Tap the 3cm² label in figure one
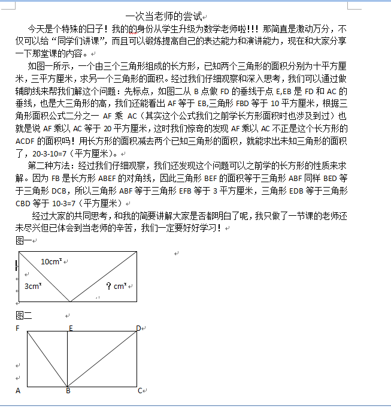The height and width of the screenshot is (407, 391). coord(32,286)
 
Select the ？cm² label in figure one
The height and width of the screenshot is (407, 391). coord(115,286)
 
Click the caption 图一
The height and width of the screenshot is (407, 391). coord(23,240)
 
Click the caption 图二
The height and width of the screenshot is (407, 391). coord(23,315)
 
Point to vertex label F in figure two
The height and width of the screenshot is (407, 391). coord(17,328)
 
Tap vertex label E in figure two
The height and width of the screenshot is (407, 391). coord(71,328)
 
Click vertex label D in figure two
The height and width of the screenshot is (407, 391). coord(138,328)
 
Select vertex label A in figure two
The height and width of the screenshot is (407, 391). coord(18,391)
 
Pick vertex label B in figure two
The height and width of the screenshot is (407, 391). coord(68,391)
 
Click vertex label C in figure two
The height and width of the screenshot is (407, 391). coord(140,391)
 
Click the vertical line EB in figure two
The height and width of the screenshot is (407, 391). coord(68,360)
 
